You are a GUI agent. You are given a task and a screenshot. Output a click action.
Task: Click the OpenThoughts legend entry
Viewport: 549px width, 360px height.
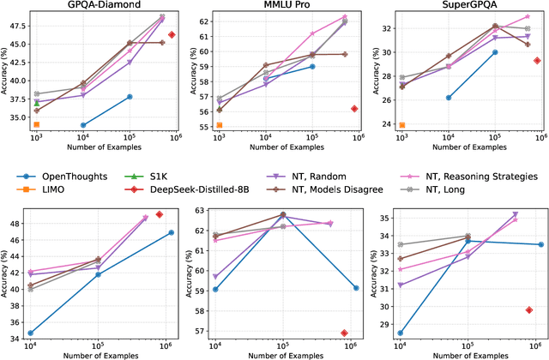(76, 176)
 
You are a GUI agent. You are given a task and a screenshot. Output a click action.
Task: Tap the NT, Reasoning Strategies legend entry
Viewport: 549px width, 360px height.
(502, 176)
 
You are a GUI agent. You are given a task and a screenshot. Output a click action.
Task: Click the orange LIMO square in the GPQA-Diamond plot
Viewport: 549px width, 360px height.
(36, 124)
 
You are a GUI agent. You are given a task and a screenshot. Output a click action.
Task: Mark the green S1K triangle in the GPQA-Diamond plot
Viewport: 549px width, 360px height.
(36, 102)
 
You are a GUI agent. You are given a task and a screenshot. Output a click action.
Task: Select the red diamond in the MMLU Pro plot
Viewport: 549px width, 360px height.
(353, 108)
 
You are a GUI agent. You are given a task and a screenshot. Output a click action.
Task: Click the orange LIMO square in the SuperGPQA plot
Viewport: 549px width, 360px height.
(401, 125)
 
